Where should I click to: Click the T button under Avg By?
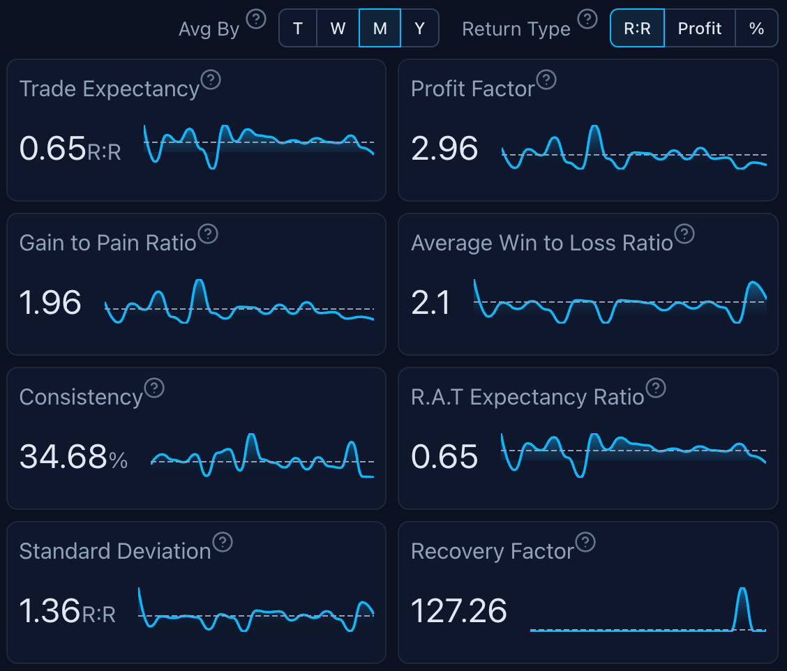(x=298, y=28)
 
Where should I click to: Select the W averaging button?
(x=338, y=28)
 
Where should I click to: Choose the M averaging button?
(x=380, y=28)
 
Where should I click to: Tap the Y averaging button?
(x=419, y=28)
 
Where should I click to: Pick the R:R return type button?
(x=637, y=28)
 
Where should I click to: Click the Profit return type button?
(x=700, y=28)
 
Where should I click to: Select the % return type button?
(x=756, y=28)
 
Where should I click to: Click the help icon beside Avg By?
(x=257, y=19)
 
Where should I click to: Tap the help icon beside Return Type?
(x=588, y=19)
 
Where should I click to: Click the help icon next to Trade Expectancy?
(x=211, y=80)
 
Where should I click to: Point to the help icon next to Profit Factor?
(x=546, y=80)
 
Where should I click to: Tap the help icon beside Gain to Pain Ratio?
(x=208, y=234)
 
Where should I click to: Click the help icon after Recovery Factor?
(x=585, y=542)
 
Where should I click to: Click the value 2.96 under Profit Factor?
(x=444, y=149)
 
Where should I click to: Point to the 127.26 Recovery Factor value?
(x=458, y=611)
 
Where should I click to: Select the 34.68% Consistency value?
(x=73, y=458)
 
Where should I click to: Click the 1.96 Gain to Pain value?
(x=50, y=303)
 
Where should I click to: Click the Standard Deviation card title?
(x=115, y=552)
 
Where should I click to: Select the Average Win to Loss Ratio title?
(x=542, y=243)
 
